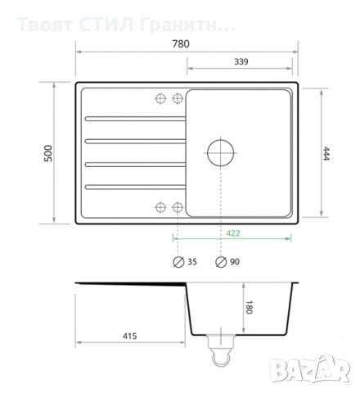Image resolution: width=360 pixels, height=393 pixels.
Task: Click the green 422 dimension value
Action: (x=234, y=233)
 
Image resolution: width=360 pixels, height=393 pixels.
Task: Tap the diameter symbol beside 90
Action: (x=221, y=263)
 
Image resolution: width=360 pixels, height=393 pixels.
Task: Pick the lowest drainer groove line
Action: (x=131, y=187)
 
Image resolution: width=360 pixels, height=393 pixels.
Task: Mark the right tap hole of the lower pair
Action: (x=176, y=206)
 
